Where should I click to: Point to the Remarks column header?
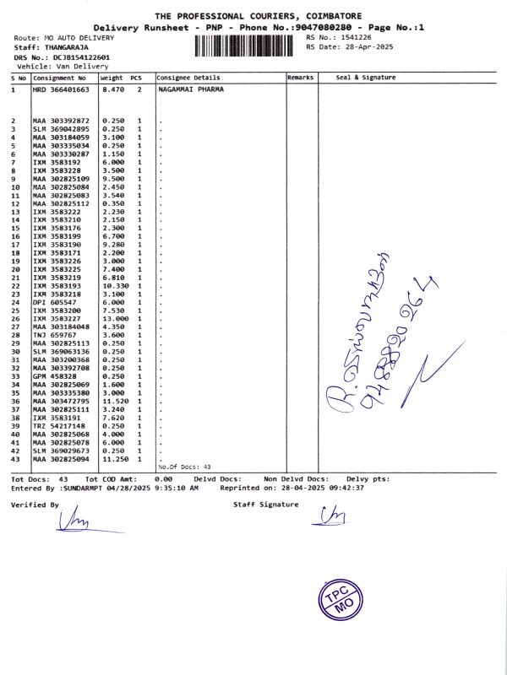point(300,77)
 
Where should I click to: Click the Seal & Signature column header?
point(365,77)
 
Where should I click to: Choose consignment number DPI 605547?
point(54,301)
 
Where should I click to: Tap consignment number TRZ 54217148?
point(60,426)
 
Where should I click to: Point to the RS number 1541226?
point(357,38)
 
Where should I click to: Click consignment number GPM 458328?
point(54,376)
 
